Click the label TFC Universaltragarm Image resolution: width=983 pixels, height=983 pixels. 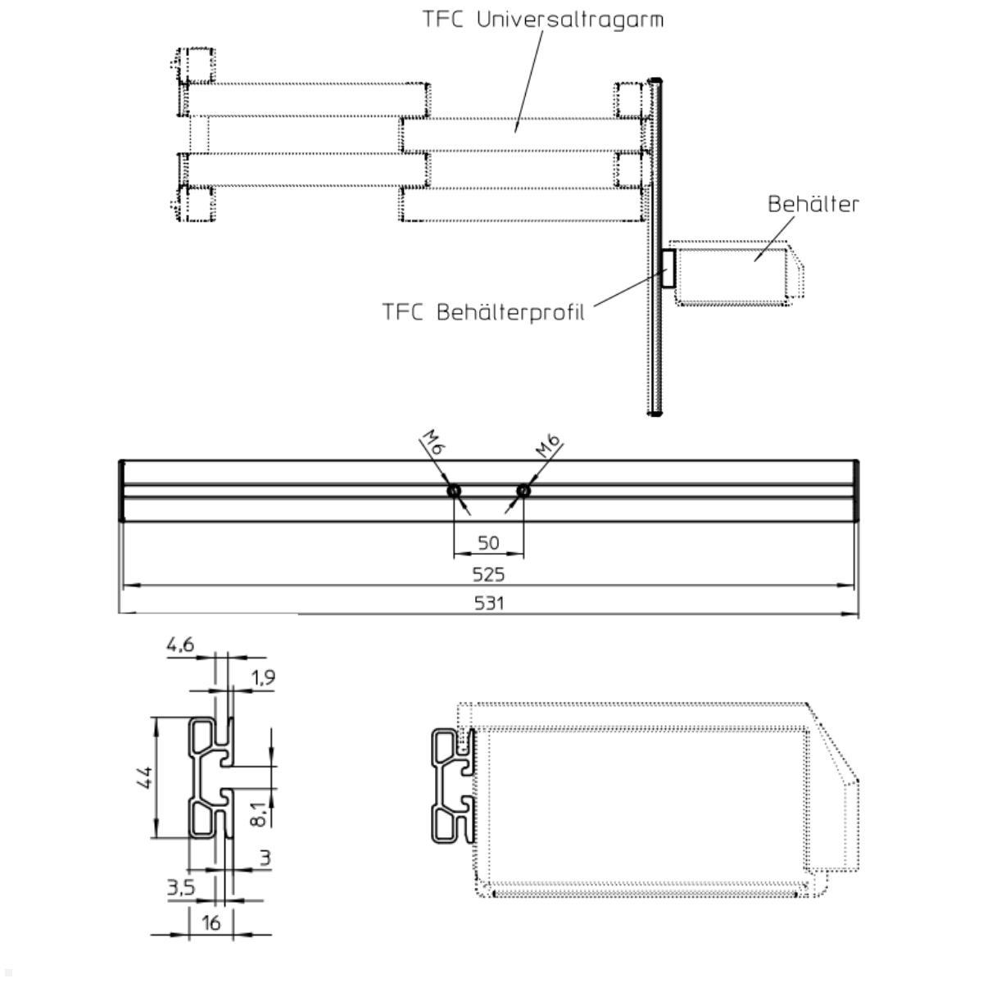coord(542,19)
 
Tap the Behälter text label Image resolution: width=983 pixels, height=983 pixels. coord(813,204)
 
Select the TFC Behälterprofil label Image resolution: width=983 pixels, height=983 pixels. coord(483,312)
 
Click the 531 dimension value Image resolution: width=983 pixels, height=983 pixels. coord(489,603)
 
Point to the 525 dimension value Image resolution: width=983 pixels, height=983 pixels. coord(488,574)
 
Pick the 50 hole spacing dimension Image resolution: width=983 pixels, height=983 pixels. coord(488,543)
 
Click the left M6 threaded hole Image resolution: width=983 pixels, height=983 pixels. coord(454,491)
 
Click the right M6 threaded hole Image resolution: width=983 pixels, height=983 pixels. coord(523,491)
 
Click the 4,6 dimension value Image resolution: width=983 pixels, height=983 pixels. coord(180,645)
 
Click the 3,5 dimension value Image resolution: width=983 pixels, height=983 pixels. coord(180,887)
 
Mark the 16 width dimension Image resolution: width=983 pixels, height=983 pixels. coord(211,922)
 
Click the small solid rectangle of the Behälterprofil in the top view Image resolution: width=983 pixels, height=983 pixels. coord(668,269)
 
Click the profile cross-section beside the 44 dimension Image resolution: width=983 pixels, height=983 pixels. coord(211,777)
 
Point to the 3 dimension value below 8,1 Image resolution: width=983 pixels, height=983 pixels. coord(265,858)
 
